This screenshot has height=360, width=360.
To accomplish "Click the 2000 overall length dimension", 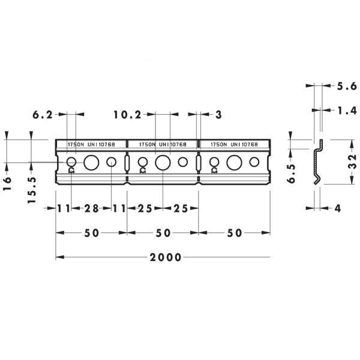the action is (x=166, y=257).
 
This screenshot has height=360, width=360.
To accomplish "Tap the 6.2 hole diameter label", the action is (x=43, y=115).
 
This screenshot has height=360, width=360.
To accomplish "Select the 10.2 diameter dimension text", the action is (x=127, y=115).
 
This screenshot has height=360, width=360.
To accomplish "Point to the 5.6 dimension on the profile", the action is (x=347, y=86).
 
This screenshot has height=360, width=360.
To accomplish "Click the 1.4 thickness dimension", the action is (x=347, y=110).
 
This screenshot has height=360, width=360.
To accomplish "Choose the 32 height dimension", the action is (x=353, y=161).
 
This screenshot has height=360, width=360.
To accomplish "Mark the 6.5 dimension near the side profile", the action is (x=292, y=173).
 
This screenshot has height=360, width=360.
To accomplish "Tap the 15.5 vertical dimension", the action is (x=32, y=190).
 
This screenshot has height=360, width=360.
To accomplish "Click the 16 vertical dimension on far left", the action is (x=7, y=183).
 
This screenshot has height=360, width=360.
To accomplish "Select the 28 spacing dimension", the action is (x=91, y=208).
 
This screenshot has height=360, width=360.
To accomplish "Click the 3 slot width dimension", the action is (x=218, y=115).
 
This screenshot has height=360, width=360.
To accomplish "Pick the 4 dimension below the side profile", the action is (x=337, y=208).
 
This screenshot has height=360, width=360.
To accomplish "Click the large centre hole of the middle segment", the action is (x=163, y=163).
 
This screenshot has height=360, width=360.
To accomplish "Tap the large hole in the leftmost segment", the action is (x=91, y=163).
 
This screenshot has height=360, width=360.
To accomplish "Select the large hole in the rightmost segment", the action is (x=234, y=163).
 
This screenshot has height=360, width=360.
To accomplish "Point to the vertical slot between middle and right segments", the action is (x=199, y=163).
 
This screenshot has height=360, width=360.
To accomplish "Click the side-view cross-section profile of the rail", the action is (x=318, y=161).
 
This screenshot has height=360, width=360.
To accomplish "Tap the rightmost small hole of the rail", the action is (x=254, y=162).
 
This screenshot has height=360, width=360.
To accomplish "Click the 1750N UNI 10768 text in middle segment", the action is (x=163, y=145).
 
